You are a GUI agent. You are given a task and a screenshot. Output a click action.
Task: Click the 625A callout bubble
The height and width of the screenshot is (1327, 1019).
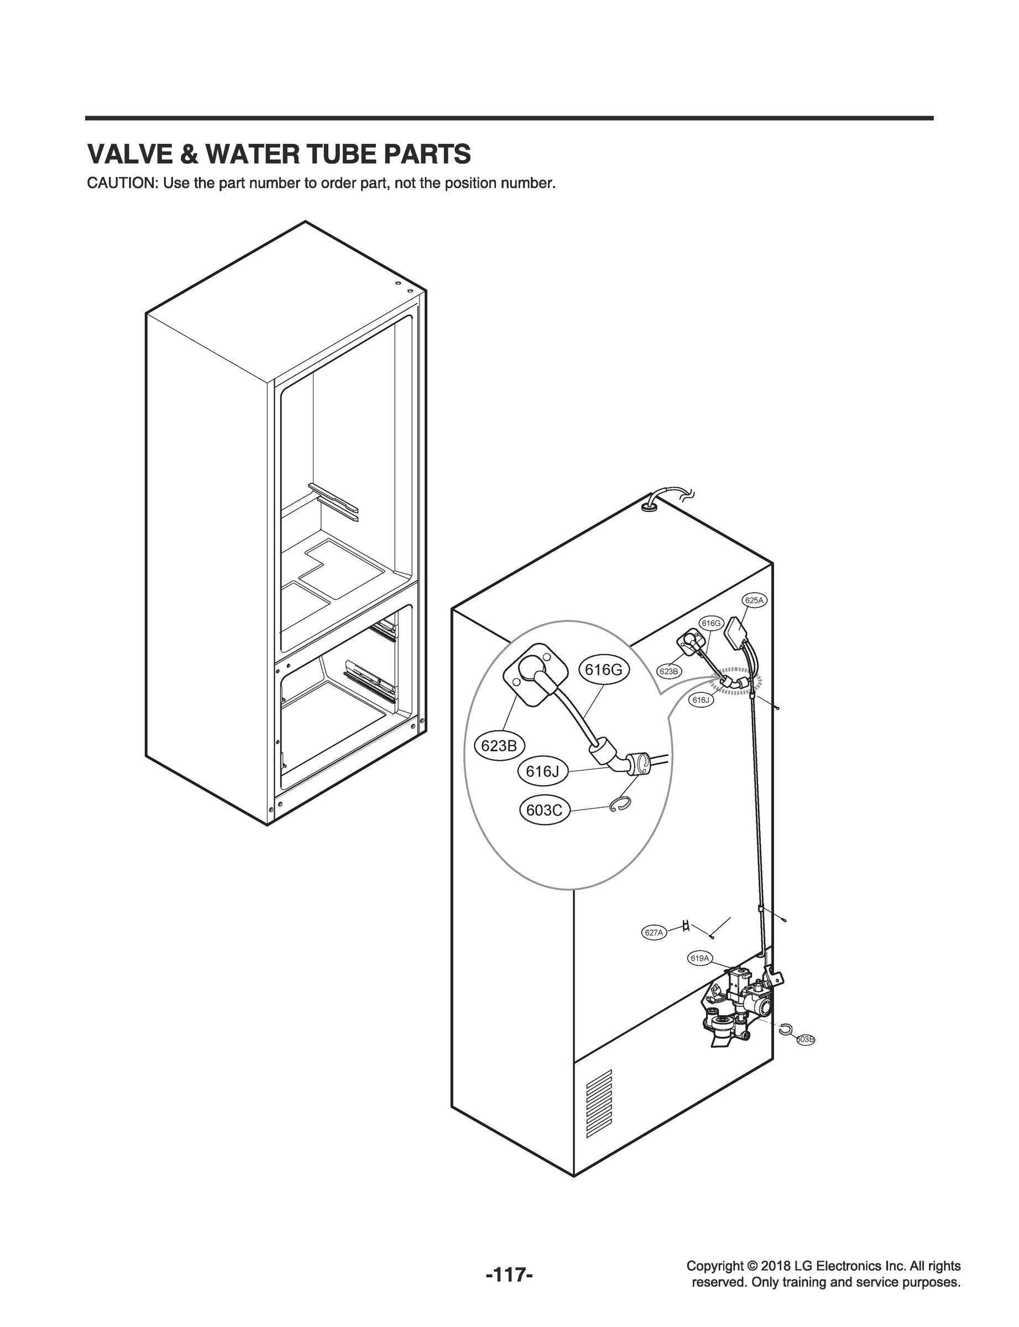coord(754,600)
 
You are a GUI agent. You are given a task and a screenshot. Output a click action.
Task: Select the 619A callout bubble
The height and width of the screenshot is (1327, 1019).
coord(699,975)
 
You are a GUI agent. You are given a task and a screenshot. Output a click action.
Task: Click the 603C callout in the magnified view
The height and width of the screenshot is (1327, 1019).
coord(545,810)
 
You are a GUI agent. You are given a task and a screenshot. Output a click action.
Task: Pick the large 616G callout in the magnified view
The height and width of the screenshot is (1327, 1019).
coord(604,670)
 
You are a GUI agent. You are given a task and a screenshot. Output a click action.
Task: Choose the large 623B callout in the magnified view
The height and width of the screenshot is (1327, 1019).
coord(499,746)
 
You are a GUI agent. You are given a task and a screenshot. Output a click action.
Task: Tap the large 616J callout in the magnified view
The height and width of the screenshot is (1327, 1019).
coord(542,771)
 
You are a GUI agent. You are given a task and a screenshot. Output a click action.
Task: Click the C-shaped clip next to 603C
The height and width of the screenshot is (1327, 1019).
coord(620,806)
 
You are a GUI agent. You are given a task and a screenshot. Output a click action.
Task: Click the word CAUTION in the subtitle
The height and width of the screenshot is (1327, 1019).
coord(122,184)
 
